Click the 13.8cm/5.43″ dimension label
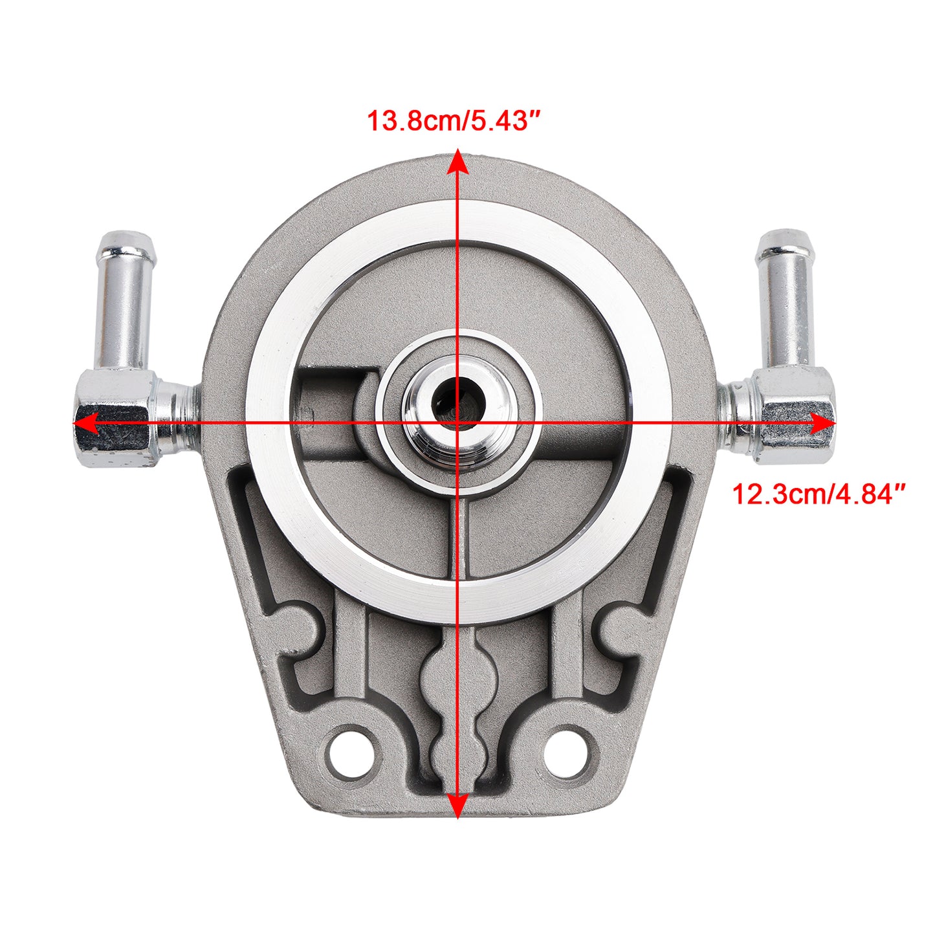pos(453,121)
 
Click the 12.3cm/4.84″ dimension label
pos(819,494)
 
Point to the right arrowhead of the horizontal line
pos(823,423)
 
